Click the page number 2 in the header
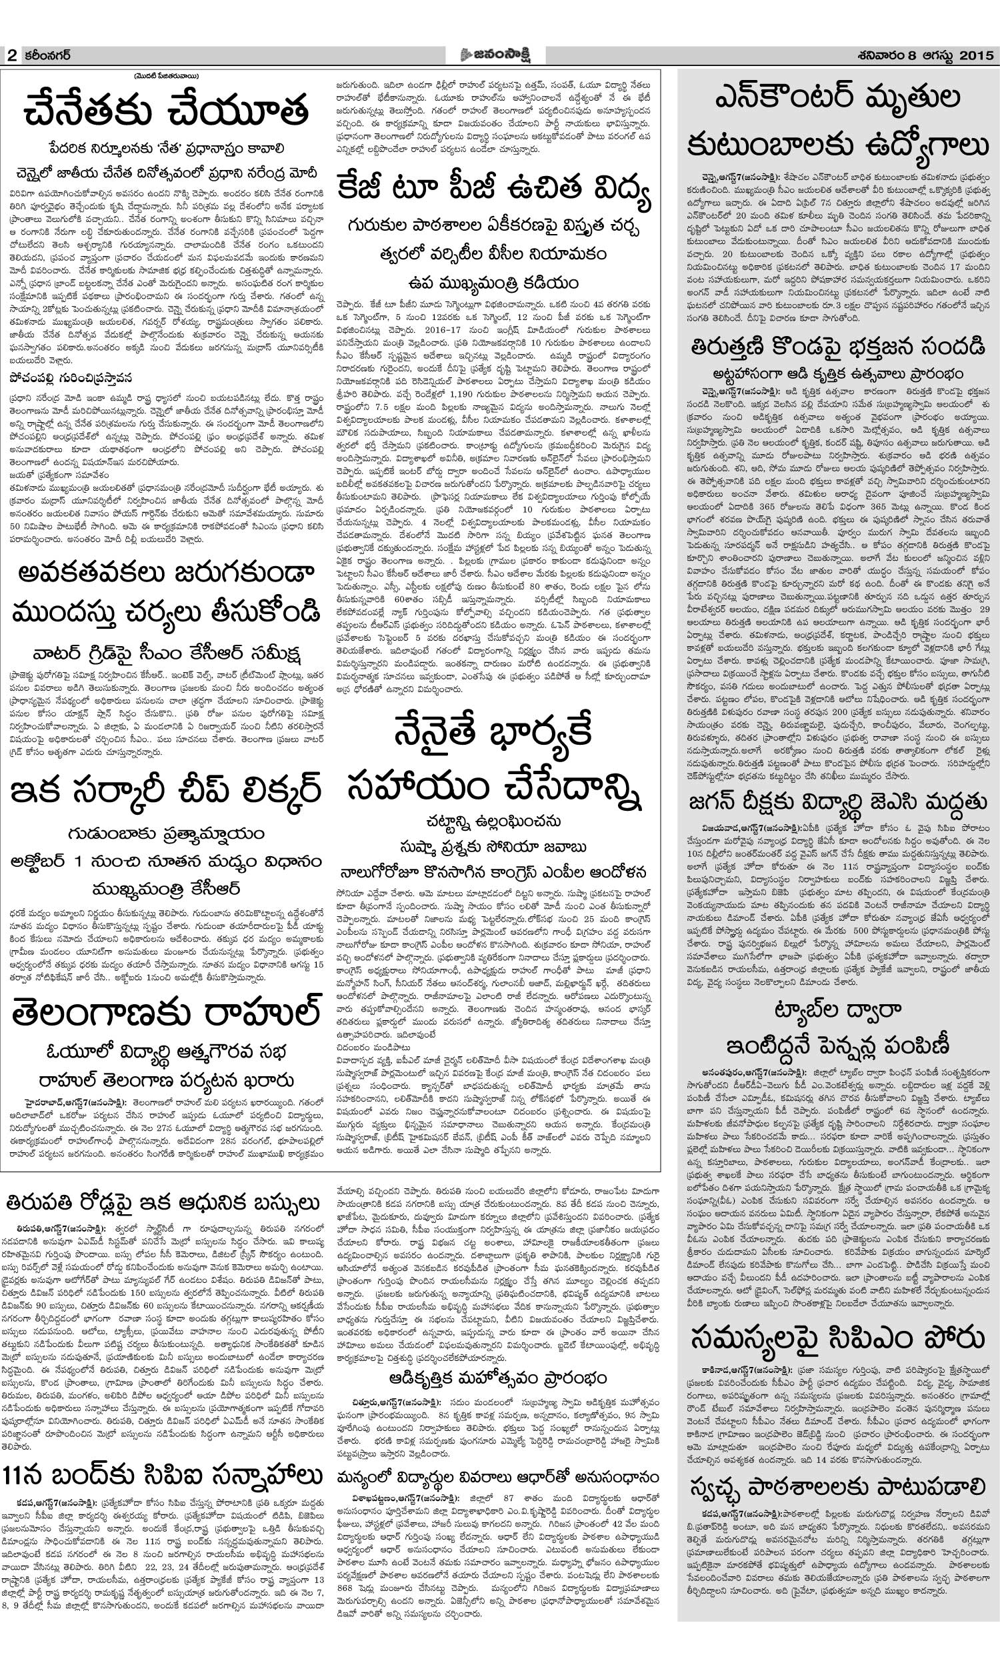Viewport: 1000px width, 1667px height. (x=12, y=56)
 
